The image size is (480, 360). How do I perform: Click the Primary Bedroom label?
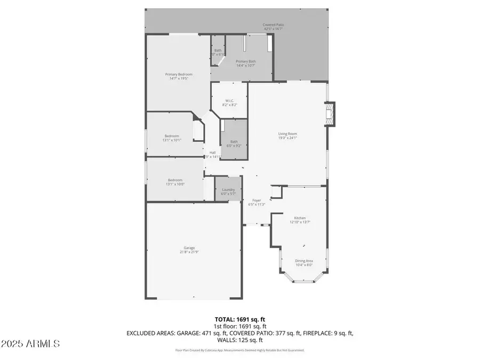(x=179, y=74)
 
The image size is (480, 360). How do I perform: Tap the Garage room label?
(x=189, y=247)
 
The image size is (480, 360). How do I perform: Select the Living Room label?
(x=287, y=133)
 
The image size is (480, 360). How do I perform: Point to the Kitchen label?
(x=300, y=218)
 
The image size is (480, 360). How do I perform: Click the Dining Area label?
(x=304, y=260)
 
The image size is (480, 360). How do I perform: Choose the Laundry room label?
(x=228, y=190)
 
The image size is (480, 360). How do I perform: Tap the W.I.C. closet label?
(x=230, y=100)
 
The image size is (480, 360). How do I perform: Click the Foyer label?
(x=256, y=201)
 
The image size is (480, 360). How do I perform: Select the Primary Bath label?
(x=246, y=61)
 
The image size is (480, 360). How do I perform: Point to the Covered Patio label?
(x=273, y=25)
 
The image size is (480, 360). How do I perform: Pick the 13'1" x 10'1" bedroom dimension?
(x=172, y=140)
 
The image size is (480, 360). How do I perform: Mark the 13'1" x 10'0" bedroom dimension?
(x=175, y=184)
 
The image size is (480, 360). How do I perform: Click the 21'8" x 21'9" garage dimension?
(x=189, y=252)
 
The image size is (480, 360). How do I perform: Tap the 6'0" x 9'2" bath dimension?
(x=234, y=146)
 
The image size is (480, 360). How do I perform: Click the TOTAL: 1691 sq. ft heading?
(x=239, y=319)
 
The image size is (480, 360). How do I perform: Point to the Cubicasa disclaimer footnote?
(x=240, y=350)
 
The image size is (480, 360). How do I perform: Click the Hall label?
(x=212, y=152)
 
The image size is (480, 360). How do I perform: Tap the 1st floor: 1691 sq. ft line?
(x=239, y=326)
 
